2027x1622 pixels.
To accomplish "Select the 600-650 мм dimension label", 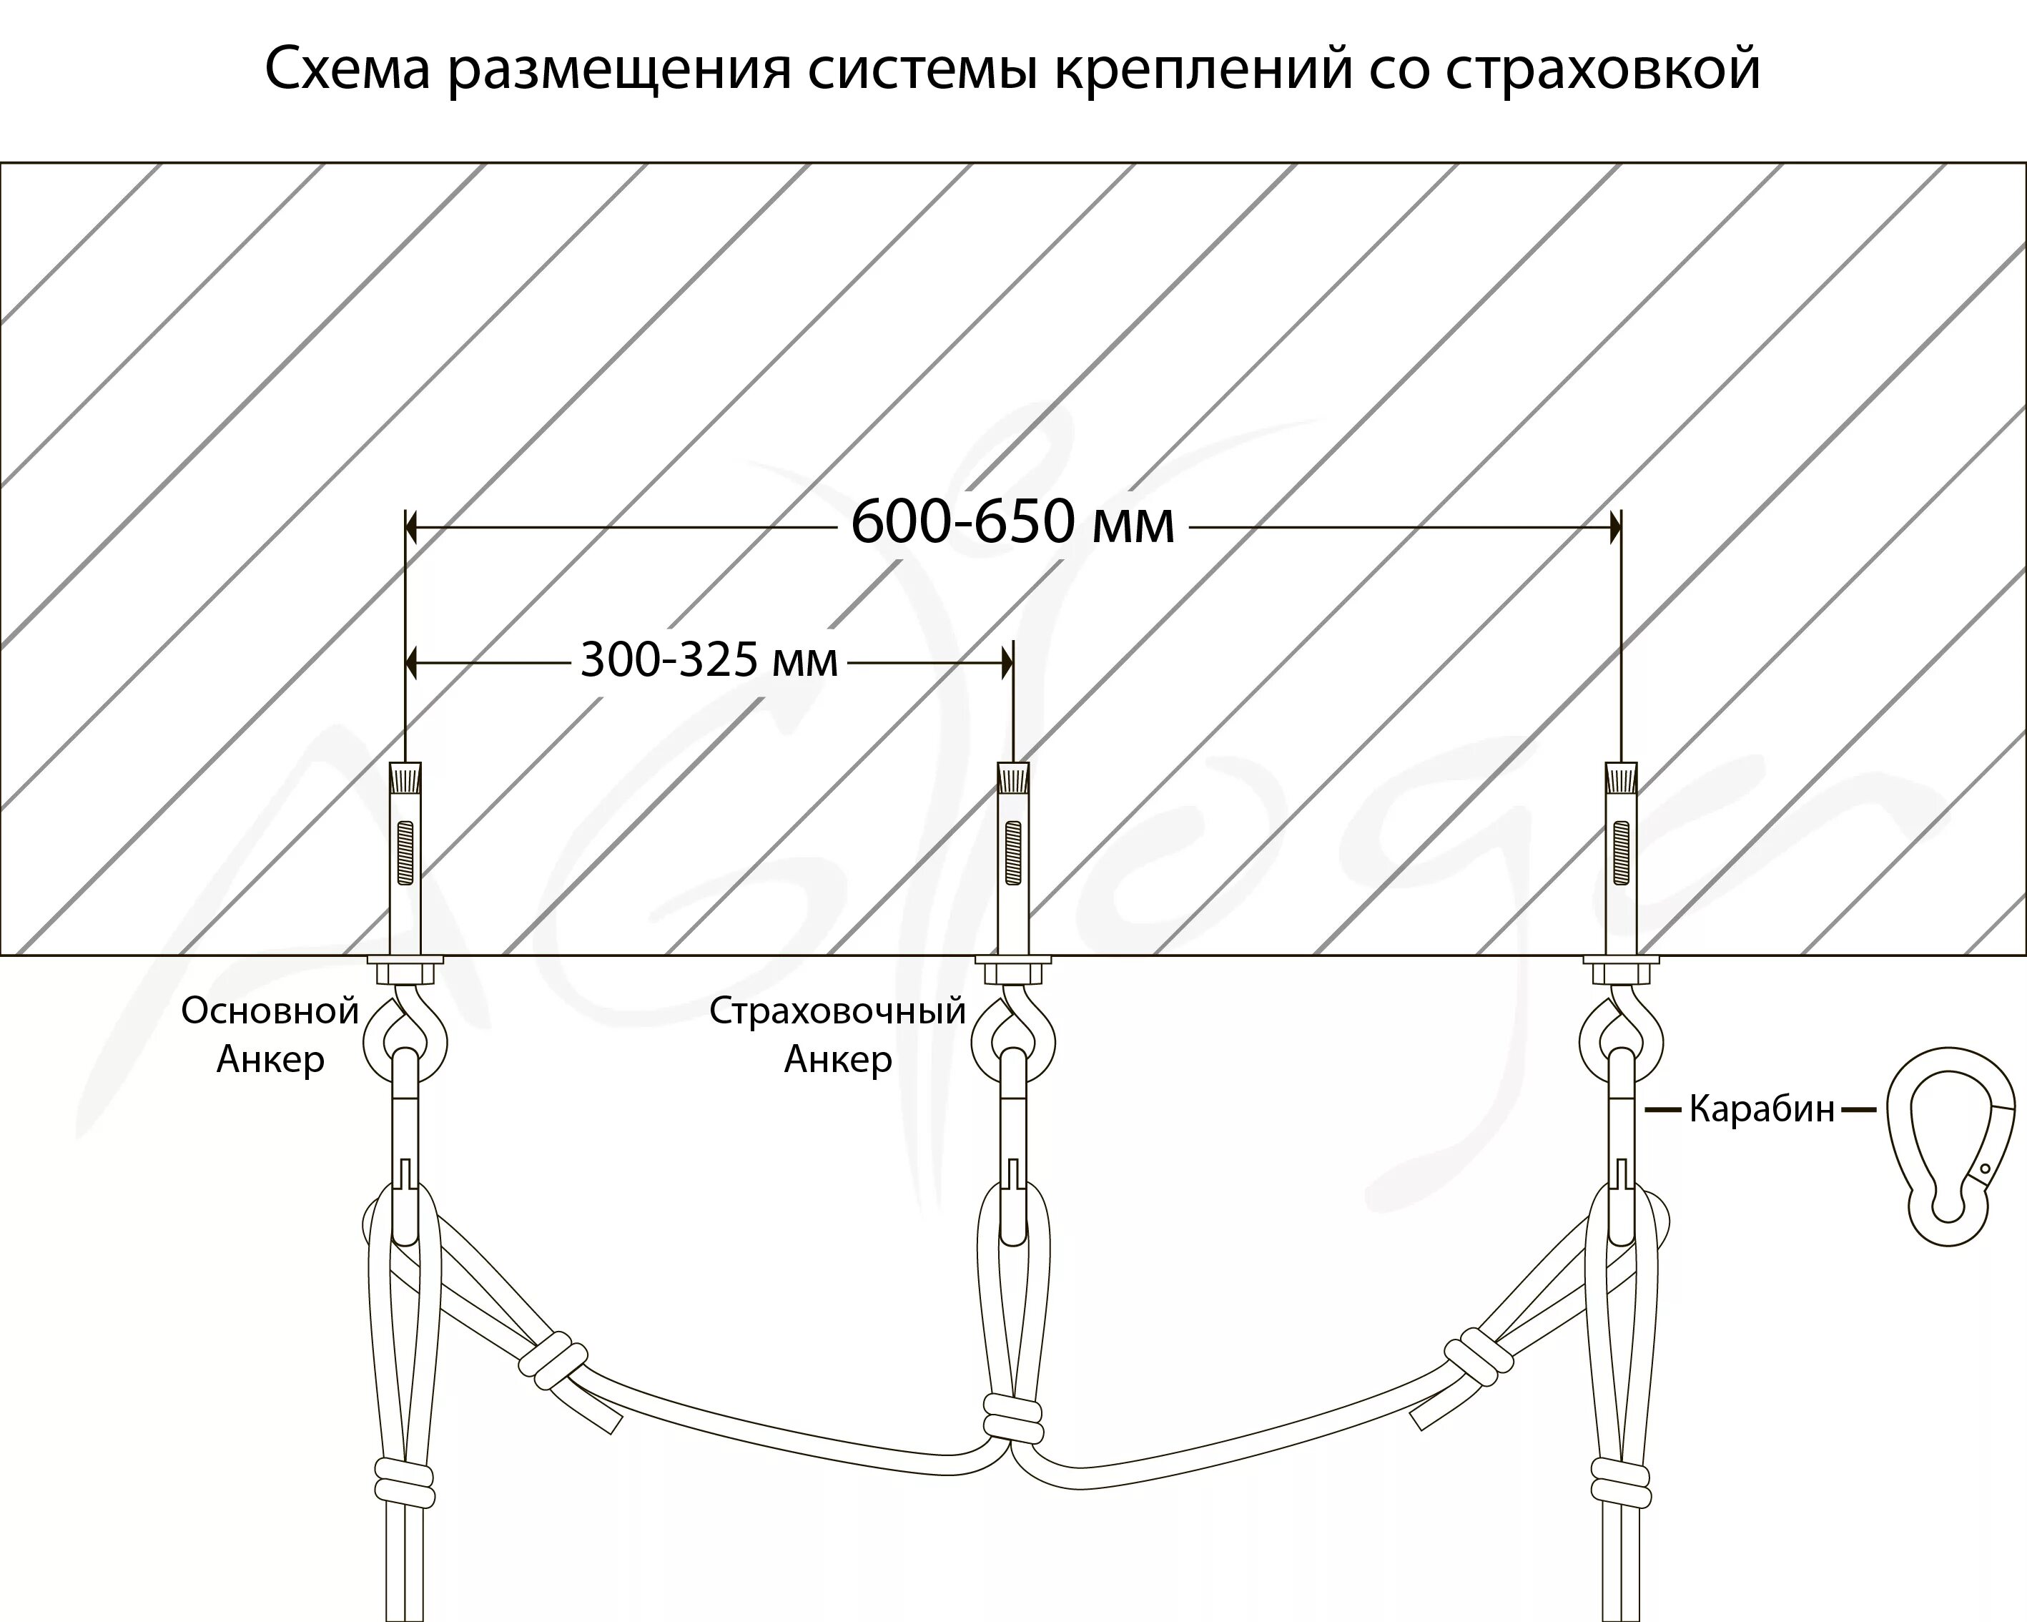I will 1012,524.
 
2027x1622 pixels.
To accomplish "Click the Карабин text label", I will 1762,1109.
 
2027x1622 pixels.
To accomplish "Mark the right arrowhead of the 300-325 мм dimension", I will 1007,664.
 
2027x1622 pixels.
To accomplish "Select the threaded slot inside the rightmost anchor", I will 1622,852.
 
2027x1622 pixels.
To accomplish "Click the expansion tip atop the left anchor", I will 405,777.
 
